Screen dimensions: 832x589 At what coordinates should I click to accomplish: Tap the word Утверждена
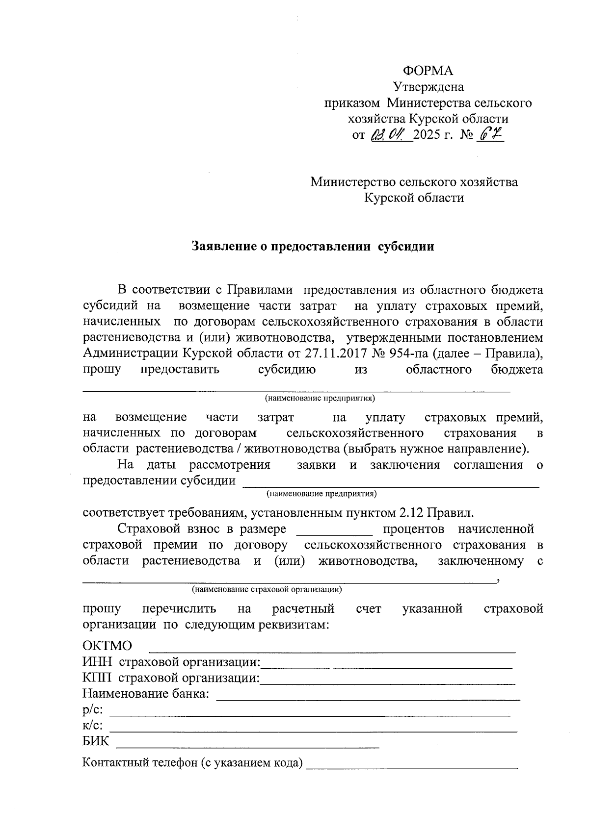428,87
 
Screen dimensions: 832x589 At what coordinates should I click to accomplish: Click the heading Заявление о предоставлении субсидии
313,246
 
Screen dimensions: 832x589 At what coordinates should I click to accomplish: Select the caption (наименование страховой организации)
267,589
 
